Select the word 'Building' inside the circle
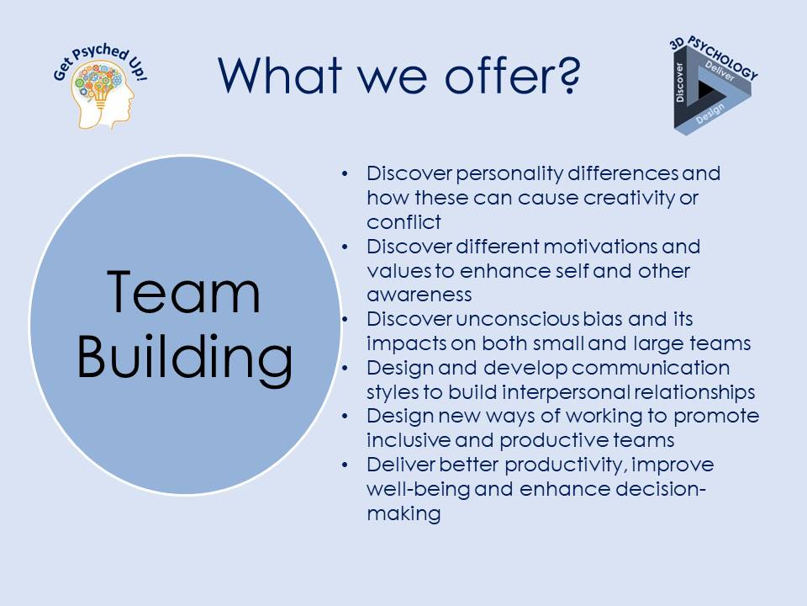pos(185,358)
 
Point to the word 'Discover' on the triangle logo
pos(680,82)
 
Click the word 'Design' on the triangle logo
pos(710,114)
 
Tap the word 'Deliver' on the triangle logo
pos(720,71)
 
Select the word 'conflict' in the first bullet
pos(403,222)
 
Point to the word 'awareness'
pos(419,295)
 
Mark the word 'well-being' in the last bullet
pos(418,489)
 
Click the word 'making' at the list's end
pos(403,513)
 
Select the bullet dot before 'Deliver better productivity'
pos(345,465)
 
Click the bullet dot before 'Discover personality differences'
pos(345,173)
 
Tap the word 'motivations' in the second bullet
pos(599,247)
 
